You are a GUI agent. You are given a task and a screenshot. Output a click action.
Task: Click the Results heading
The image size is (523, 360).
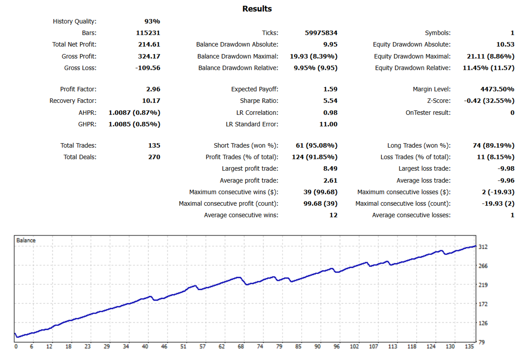[x=257, y=9]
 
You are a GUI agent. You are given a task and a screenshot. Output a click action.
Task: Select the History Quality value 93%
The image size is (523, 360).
[x=152, y=21]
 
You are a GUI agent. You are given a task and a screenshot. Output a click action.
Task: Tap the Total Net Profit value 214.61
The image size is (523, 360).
[x=149, y=44]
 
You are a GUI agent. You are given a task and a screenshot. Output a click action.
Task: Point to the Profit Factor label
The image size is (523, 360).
[x=78, y=89]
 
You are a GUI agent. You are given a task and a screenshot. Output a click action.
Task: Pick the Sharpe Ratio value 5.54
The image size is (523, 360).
[x=330, y=101]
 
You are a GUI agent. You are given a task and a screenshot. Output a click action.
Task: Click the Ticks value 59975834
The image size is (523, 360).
[x=322, y=33]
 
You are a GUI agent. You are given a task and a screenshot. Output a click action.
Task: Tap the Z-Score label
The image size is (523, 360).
[x=438, y=101]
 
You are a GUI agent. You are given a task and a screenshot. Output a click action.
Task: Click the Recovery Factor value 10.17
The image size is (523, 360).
[x=151, y=101]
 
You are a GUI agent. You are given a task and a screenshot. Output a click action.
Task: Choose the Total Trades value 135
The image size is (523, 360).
[x=154, y=145]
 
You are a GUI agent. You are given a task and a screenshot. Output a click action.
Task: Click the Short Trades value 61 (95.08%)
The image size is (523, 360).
[x=316, y=145]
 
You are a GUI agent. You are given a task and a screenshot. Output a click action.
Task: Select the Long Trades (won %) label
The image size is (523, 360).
[x=419, y=145]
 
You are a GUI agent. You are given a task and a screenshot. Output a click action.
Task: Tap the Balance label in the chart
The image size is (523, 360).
[x=26, y=240]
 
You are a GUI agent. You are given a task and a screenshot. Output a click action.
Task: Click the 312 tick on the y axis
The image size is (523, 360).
[x=484, y=247]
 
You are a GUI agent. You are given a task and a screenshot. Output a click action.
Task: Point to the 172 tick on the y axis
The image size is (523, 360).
[x=484, y=304]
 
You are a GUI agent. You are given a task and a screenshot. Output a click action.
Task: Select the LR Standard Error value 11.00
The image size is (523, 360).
[x=328, y=124]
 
